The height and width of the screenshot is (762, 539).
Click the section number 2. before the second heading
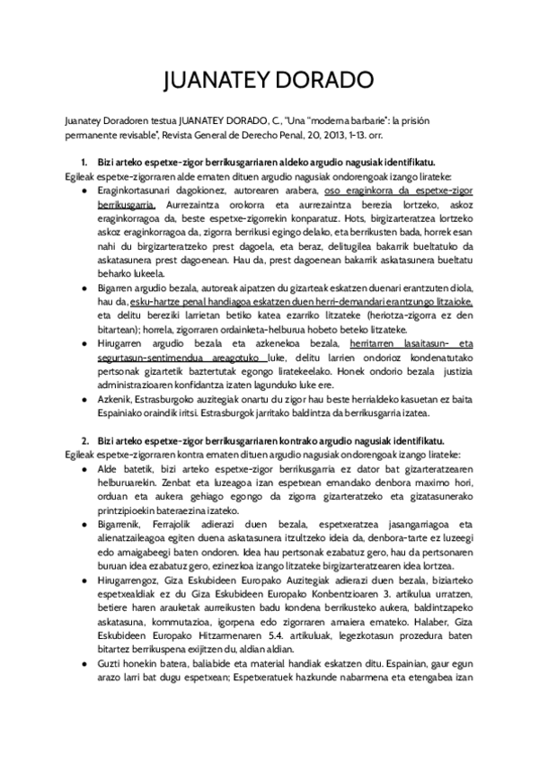pos(85,441)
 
